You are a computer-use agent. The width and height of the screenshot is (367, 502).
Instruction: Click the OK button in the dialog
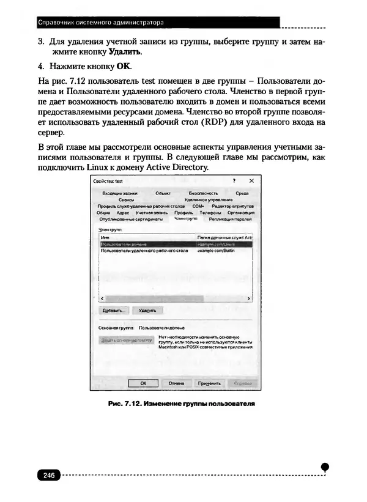tap(141, 383)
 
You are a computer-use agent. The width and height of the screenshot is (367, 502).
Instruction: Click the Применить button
tap(209, 383)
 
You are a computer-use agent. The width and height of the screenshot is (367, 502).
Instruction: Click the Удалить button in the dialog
tap(147, 311)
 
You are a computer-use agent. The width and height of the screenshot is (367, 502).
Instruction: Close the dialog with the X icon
tap(251, 182)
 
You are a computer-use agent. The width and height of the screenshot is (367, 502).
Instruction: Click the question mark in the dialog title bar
tap(234, 182)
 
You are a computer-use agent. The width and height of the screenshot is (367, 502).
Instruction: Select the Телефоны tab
tap(210, 213)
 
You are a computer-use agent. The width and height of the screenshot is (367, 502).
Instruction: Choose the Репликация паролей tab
tap(230, 219)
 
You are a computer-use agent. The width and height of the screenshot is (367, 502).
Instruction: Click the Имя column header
tap(105, 237)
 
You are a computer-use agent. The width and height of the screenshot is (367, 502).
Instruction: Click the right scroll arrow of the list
tap(250, 298)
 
